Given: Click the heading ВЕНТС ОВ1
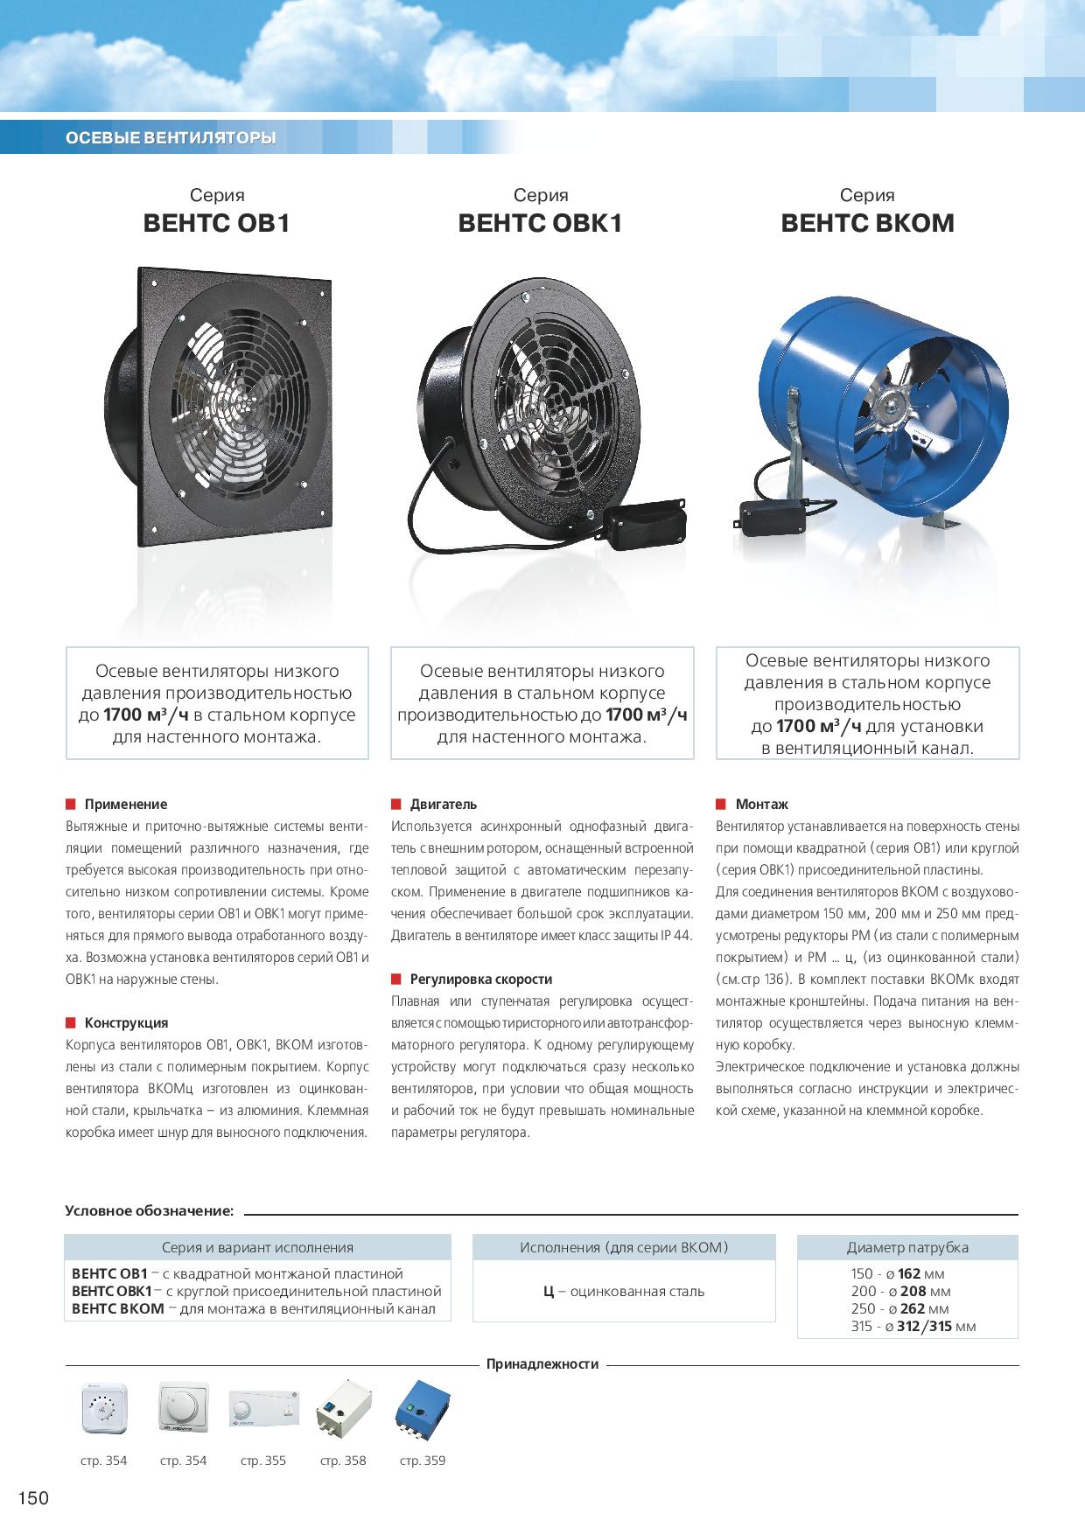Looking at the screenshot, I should pos(216,224).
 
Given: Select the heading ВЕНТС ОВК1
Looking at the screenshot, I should pos(540,224).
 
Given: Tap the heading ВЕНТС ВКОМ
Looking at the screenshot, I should pos(867,224).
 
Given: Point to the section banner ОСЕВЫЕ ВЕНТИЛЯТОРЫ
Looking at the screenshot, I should pos(171,138).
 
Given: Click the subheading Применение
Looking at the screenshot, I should pos(125,804).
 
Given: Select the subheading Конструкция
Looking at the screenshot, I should pos(126,1022).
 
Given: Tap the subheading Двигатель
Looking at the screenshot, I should pos(444,804).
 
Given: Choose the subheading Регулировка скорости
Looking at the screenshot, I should pos(480,979).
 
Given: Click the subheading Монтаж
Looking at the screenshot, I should pos(761,804).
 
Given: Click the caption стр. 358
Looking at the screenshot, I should pos(343,1461).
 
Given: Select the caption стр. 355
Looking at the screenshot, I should pos(263,1461).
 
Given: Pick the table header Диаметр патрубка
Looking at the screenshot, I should pos(907,1247).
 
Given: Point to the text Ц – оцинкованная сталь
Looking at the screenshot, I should pos(623,1291).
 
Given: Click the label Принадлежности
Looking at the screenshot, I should pos(542,1363).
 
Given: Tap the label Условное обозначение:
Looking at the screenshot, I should pos(150,1211).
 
